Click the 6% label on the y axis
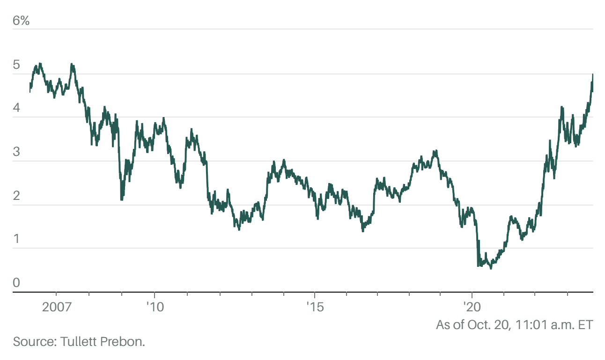tap(21, 21)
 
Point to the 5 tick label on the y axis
tap(16, 65)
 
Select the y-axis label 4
tap(16, 109)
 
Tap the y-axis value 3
tap(16, 152)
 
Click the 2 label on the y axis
tap(16, 196)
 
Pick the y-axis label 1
tap(16, 239)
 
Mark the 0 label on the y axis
tap(16, 283)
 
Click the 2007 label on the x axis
tap(56, 307)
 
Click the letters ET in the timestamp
tap(586, 324)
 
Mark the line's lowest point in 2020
tap(491, 268)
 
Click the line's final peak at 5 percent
tap(593, 74)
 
